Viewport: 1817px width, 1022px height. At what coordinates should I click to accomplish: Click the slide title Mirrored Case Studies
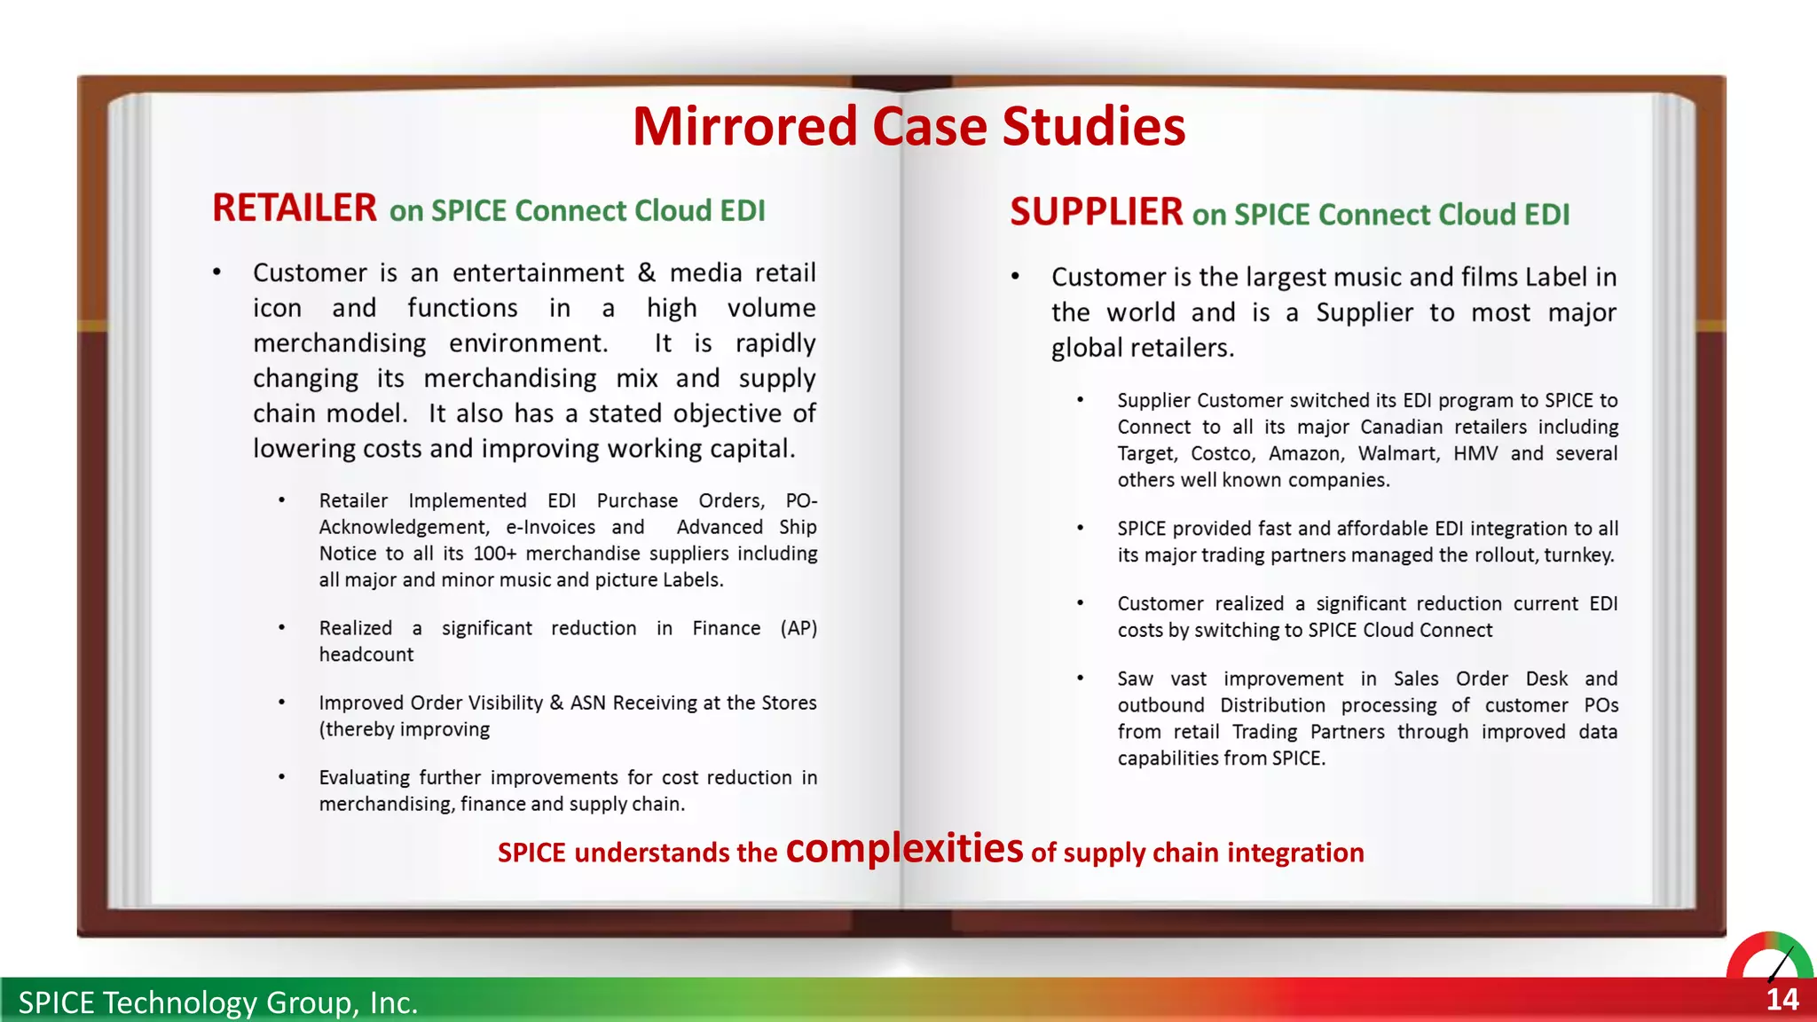point(908,126)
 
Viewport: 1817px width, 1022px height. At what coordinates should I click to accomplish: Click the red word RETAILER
point(295,208)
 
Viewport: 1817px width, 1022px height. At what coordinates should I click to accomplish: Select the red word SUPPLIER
point(1096,213)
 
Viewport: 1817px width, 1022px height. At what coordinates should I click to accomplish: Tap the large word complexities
point(904,848)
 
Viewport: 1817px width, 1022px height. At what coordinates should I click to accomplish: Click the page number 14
point(1782,1000)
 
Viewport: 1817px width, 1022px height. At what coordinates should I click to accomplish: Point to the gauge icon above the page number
point(1769,956)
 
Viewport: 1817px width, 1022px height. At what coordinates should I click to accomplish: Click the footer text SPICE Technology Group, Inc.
point(217,1002)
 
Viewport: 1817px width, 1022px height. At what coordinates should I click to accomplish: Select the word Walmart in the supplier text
point(1397,453)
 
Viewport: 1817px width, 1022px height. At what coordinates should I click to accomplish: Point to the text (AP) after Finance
point(798,628)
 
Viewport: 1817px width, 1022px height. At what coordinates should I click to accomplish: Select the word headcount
point(366,655)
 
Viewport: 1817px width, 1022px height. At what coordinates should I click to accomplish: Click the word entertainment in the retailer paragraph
point(538,272)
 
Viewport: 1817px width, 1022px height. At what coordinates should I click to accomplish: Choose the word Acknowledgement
point(403,527)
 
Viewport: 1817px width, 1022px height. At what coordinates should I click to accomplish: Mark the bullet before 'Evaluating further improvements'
point(282,778)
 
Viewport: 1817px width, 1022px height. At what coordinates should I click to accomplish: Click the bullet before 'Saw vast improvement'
point(1081,679)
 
